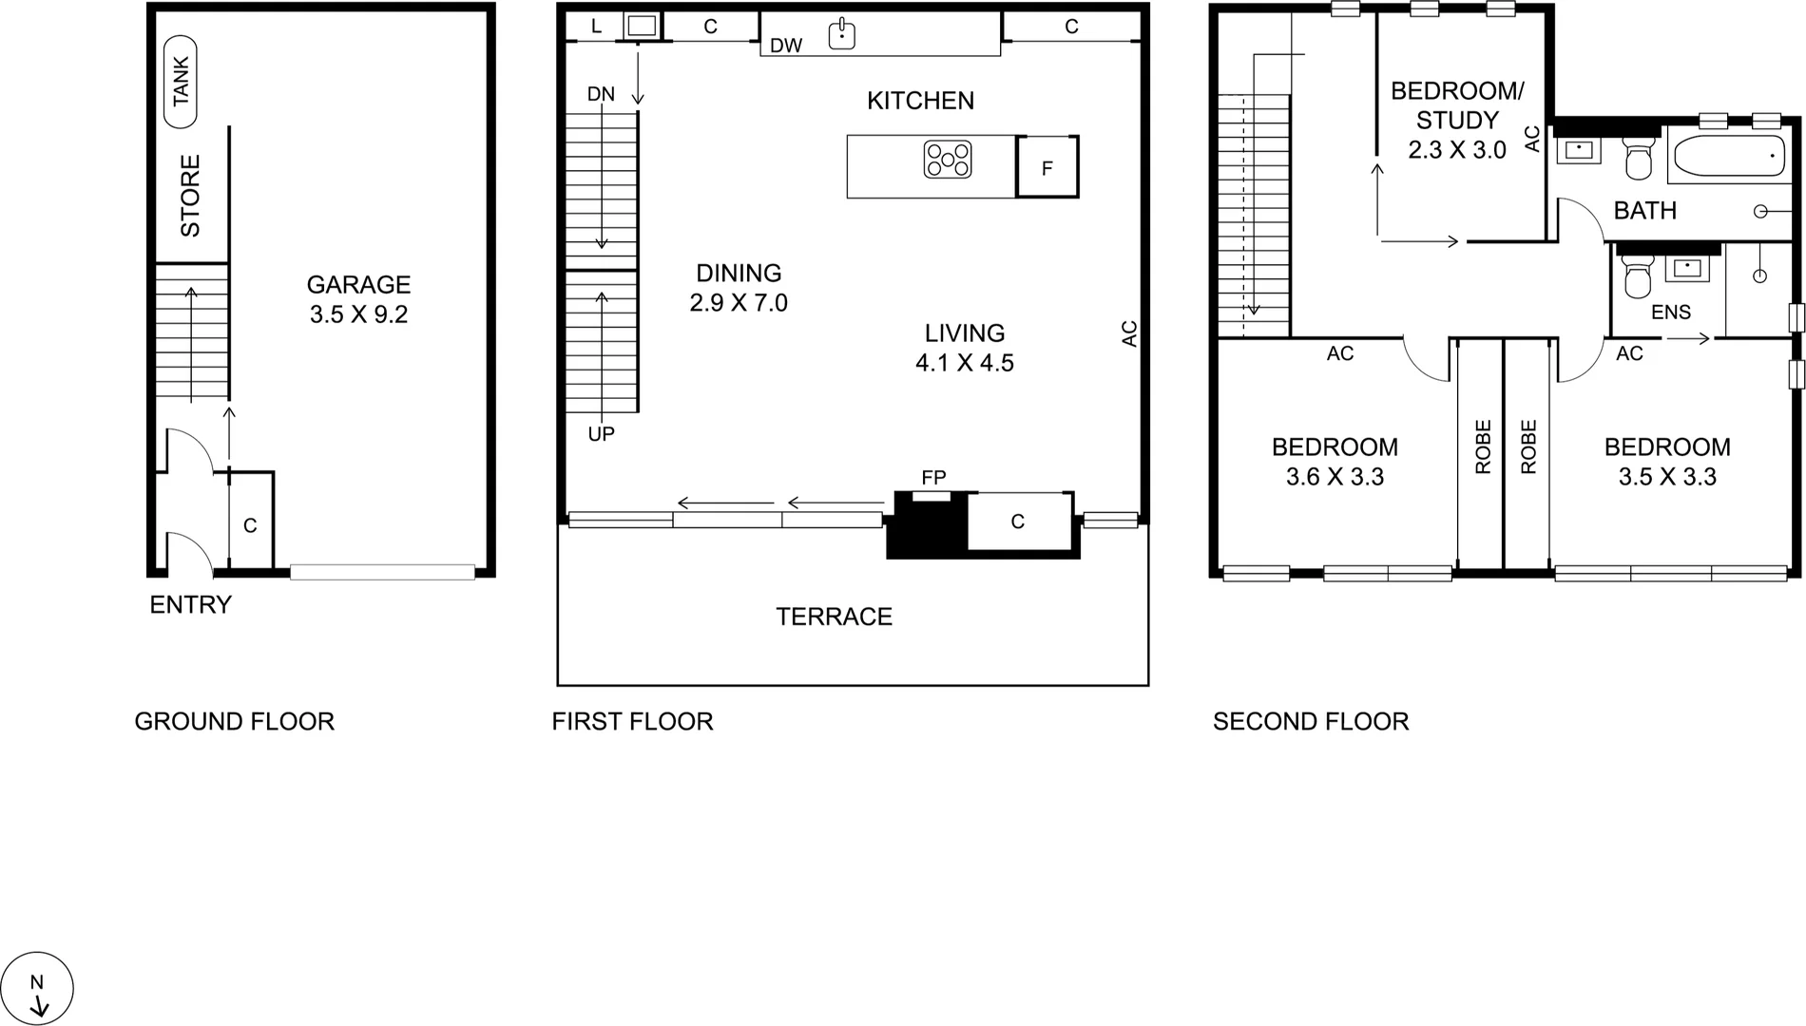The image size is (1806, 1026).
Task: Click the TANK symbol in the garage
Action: pos(181,82)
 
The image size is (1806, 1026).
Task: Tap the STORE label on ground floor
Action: pos(190,196)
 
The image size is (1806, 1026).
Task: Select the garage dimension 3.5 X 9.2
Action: pos(358,314)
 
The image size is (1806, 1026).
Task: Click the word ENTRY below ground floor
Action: pos(190,605)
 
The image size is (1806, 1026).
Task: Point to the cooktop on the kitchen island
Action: pos(948,160)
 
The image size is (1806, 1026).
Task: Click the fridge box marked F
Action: pos(1047,168)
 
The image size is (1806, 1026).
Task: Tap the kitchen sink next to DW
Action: pos(841,34)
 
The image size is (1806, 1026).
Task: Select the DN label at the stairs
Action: pos(601,94)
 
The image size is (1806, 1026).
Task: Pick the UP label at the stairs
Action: pos(601,434)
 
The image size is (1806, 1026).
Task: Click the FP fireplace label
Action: pos(933,477)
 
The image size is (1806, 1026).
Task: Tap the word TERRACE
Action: pos(834,617)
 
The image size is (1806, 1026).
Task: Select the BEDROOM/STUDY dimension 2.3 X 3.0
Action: pos(1456,150)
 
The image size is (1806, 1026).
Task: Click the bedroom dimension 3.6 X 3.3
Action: pos(1335,477)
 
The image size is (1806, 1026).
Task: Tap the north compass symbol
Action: pos(38,988)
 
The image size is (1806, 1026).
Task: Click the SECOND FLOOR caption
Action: pos(1311,722)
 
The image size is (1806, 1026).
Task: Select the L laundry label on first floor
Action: pos(596,27)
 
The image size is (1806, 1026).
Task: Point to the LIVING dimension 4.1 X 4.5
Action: pos(964,363)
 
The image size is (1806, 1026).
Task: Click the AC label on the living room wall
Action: pos(1129,333)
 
